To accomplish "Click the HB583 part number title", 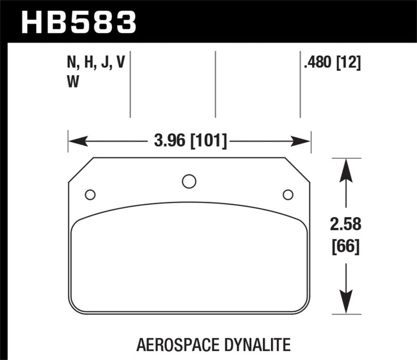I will click(x=79, y=21).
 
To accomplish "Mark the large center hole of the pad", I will click(x=189, y=181).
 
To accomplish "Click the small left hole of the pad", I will click(x=90, y=195).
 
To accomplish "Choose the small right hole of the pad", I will click(x=288, y=195).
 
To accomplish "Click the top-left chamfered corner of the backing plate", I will click(x=81, y=170).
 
